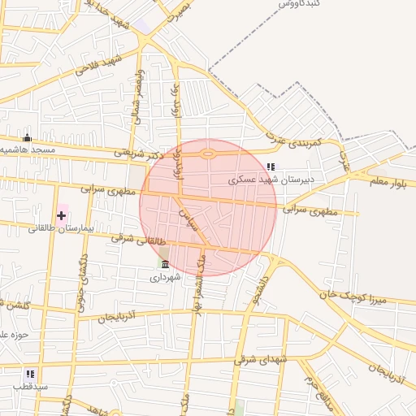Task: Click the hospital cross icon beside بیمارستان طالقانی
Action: click(62, 214)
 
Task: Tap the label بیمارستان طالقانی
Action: click(62, 229)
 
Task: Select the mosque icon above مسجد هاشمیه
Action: click(27, 136)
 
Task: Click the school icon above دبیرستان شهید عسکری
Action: click(271, 167)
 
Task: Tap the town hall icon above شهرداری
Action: click(166, 264)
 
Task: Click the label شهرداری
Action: click(166, 277)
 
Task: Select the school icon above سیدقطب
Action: click(30, 373)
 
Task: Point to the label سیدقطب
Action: click(30, 386)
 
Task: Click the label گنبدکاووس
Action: click(300, 4)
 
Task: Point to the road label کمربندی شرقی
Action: click(297, 141)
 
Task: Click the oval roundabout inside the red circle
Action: click(208, 153)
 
